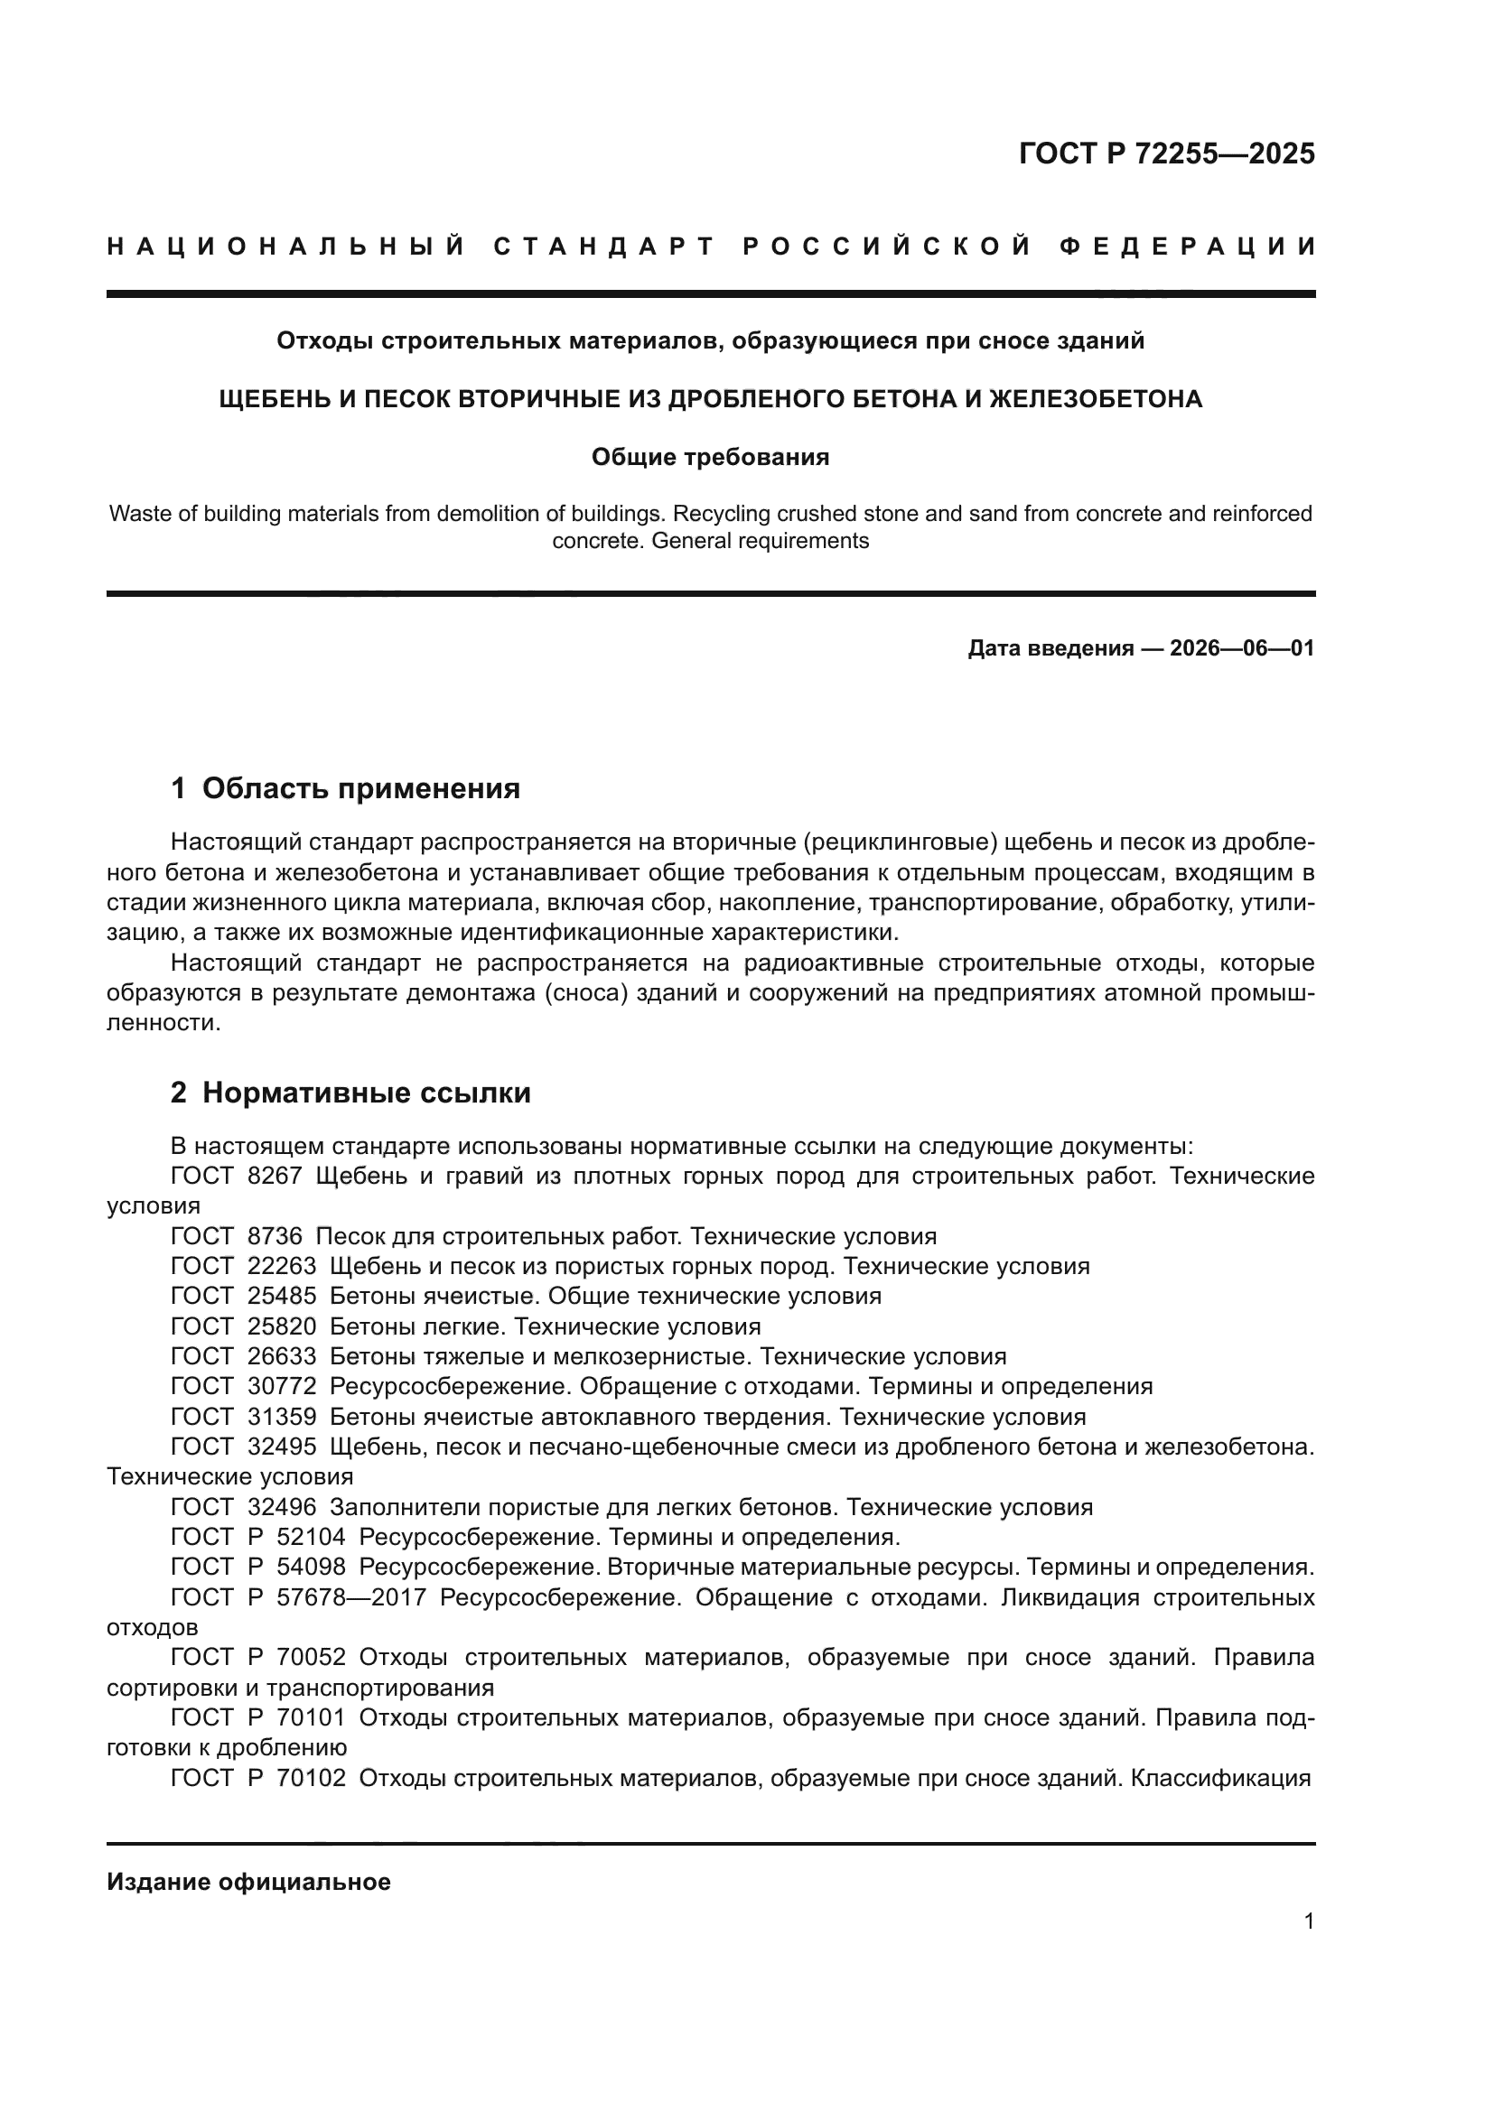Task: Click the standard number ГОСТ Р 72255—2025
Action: point(1166,154)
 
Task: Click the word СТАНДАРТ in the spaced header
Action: point(604,247)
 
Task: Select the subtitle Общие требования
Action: point(710,457)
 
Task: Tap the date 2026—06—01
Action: point(1242,648)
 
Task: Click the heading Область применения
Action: point(360,788)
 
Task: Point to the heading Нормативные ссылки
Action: point(366,1093)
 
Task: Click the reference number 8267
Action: point(275,1177)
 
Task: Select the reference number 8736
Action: point(275,1236)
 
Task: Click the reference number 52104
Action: point(311,1537)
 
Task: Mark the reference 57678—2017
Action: point(351,1598)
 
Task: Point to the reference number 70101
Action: point(311,1717)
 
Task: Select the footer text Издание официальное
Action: point(248,1882)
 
